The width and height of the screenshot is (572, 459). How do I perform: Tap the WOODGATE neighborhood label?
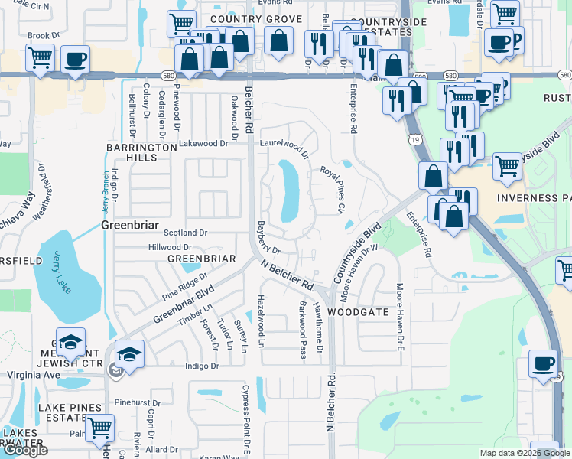coord(359,313)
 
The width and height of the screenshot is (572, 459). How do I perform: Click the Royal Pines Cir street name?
coord(333,189)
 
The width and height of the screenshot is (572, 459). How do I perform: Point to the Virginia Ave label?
coord(33,376)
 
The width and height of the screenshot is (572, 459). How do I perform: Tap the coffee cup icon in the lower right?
coord(543,364)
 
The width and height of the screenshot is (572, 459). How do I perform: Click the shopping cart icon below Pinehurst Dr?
coord(99,428)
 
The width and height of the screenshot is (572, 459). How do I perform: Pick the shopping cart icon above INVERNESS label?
coord(508,166)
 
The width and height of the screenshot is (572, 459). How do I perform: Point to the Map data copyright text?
coord(525,453)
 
